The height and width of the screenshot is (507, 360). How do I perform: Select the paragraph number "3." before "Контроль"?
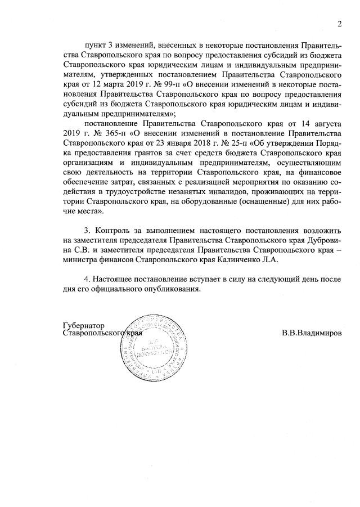(x=87, y=231)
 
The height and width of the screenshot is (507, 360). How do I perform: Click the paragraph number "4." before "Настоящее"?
(x=87, y=280)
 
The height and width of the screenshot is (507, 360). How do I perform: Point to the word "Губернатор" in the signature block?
(x=84, y=325)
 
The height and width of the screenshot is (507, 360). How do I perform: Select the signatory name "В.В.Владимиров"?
(x=312, y=333)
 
